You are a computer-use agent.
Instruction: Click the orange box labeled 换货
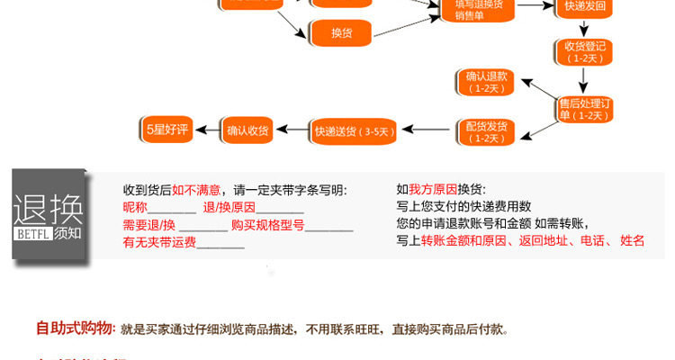(341, 33)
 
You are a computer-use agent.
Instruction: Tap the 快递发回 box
(585, 7)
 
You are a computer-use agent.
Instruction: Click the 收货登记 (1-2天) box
(584, 51)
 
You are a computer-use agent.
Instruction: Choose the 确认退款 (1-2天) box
(486, 82)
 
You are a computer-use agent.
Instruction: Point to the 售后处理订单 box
(586, 109)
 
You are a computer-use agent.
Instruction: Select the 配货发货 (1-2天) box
(486, 131)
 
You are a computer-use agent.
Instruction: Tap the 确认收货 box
(247, 130)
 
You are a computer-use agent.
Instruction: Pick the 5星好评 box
(167, 130)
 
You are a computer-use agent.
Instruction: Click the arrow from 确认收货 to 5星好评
(209, 130)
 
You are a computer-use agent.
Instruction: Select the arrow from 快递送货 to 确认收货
(291, 131)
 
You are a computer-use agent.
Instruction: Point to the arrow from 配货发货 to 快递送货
(427, 131)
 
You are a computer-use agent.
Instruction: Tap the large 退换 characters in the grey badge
(49, 210)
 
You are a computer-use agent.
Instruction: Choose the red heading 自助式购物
(75, 328)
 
